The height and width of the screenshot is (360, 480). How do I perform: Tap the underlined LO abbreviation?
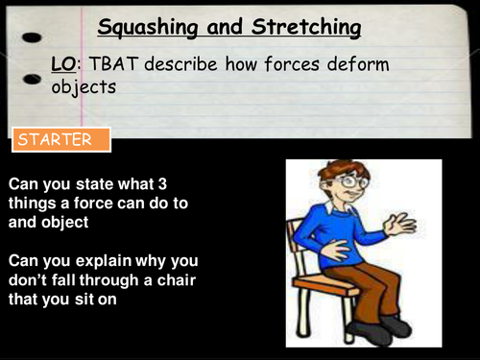(x=63, y=65)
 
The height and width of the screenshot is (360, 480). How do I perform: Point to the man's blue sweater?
(x=355, y=235)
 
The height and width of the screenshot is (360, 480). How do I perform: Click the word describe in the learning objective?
(x=173, y=65)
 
